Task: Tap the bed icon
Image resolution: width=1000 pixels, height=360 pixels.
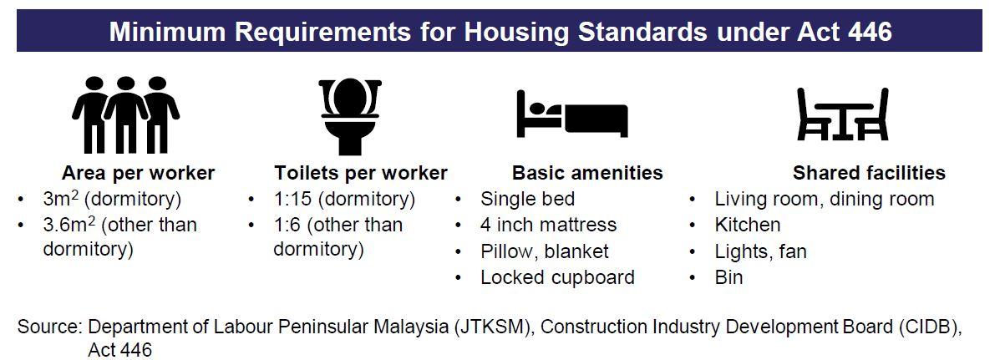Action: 571,114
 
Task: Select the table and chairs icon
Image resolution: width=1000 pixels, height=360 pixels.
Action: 842,114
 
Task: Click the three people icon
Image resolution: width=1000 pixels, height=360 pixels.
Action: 125,114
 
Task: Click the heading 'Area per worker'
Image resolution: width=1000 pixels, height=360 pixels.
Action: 139,173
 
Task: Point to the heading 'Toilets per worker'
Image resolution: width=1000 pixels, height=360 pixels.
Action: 361,173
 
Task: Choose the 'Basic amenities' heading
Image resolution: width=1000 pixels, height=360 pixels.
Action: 587,173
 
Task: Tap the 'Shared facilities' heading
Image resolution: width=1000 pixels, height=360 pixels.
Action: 870,173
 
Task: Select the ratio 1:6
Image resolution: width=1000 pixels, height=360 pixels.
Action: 287,225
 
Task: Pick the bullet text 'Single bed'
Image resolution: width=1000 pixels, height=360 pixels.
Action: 527,199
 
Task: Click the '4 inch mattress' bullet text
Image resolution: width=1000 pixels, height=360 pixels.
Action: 549,225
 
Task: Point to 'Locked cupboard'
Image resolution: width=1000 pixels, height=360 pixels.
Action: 557,277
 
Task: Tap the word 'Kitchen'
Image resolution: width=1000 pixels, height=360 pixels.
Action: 748,225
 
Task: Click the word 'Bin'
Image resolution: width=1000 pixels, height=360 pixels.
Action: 729,277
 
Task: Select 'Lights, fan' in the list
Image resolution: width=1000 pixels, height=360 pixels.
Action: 761,251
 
